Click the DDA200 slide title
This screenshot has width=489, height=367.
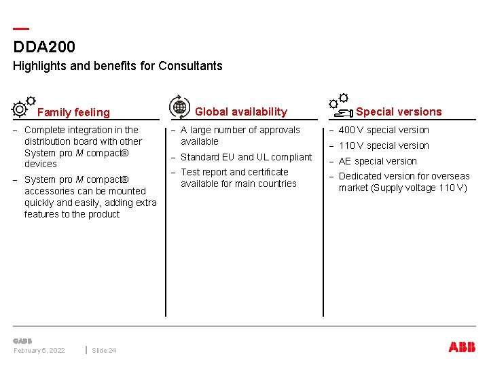(x=44, y=47)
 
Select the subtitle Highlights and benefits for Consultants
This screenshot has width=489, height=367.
(x=117, y=66)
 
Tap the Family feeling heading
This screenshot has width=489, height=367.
(x=73, y=112)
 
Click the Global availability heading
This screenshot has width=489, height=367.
(x=241, y=111)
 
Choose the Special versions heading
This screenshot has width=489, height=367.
(x=399, y=111)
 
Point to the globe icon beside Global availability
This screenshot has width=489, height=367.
(x=179, y=106)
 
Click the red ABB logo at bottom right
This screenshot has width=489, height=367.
(x=462, y=347)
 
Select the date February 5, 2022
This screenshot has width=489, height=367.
(x=39, y=350)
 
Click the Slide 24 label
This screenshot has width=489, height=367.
(x=104, y=350)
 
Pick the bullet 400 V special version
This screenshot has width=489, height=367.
(x=384, y=130)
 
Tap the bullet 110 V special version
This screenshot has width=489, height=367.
(x=384, y=145)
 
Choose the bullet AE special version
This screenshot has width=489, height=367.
(x=378, y=161)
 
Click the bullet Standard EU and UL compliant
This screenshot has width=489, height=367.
(x=246, y=157)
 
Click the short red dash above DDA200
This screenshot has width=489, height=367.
(x=21, y=29)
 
